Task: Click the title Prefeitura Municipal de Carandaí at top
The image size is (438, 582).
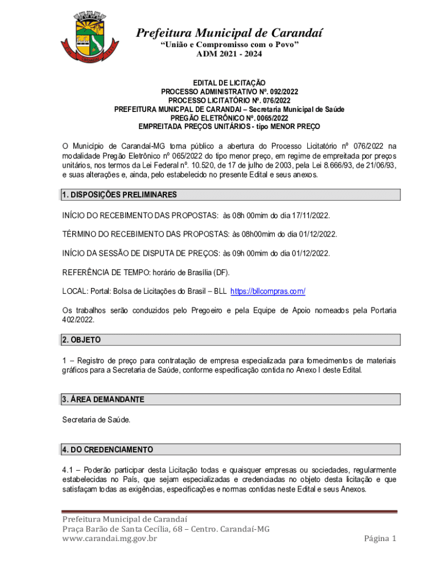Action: pyautogui.click(x=229, y=33)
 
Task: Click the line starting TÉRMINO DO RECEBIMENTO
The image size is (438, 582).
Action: pyautogui.click(x=199, y=234)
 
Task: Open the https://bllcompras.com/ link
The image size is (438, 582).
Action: pyautogui.click(x=267, y=291)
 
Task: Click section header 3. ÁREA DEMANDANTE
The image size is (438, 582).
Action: pyautogui.click(x=103, y=400)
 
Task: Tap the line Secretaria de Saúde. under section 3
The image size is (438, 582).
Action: pyautogui.click(x=96, y=420)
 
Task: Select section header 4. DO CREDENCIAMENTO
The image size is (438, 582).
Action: pyautogui.click(x=108, y=450)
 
